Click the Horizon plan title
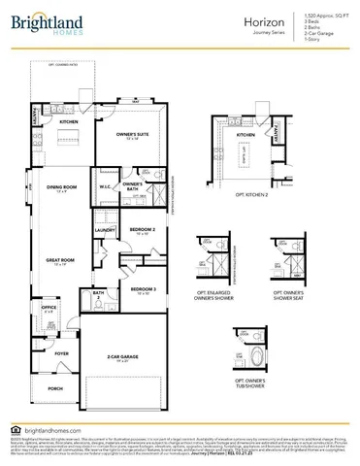pyautogui.click(x=231, y=18)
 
